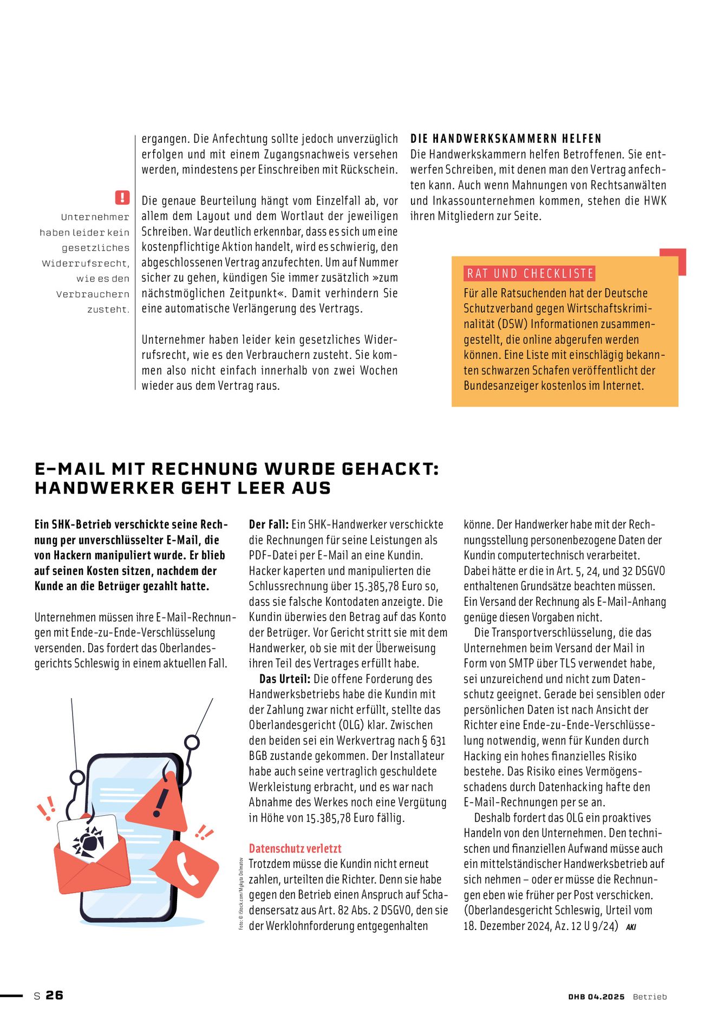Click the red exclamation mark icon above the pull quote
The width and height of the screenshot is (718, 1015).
[122, 197]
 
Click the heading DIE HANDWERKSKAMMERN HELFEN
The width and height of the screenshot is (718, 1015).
[506, 139]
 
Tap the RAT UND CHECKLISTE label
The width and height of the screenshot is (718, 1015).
[530, 273]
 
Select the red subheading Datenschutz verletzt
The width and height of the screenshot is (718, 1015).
[295, 848]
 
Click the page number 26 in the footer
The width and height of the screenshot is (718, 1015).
[54, 995]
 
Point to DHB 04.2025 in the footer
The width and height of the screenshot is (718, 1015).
[596, 997]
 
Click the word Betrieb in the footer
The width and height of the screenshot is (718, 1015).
[650, 997]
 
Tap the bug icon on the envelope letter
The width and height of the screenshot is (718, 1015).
[88, 841]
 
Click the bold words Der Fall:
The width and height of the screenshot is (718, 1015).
[269, 524]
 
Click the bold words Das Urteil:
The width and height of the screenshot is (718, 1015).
[285, 679]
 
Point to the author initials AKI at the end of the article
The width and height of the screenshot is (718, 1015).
[631, 927]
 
